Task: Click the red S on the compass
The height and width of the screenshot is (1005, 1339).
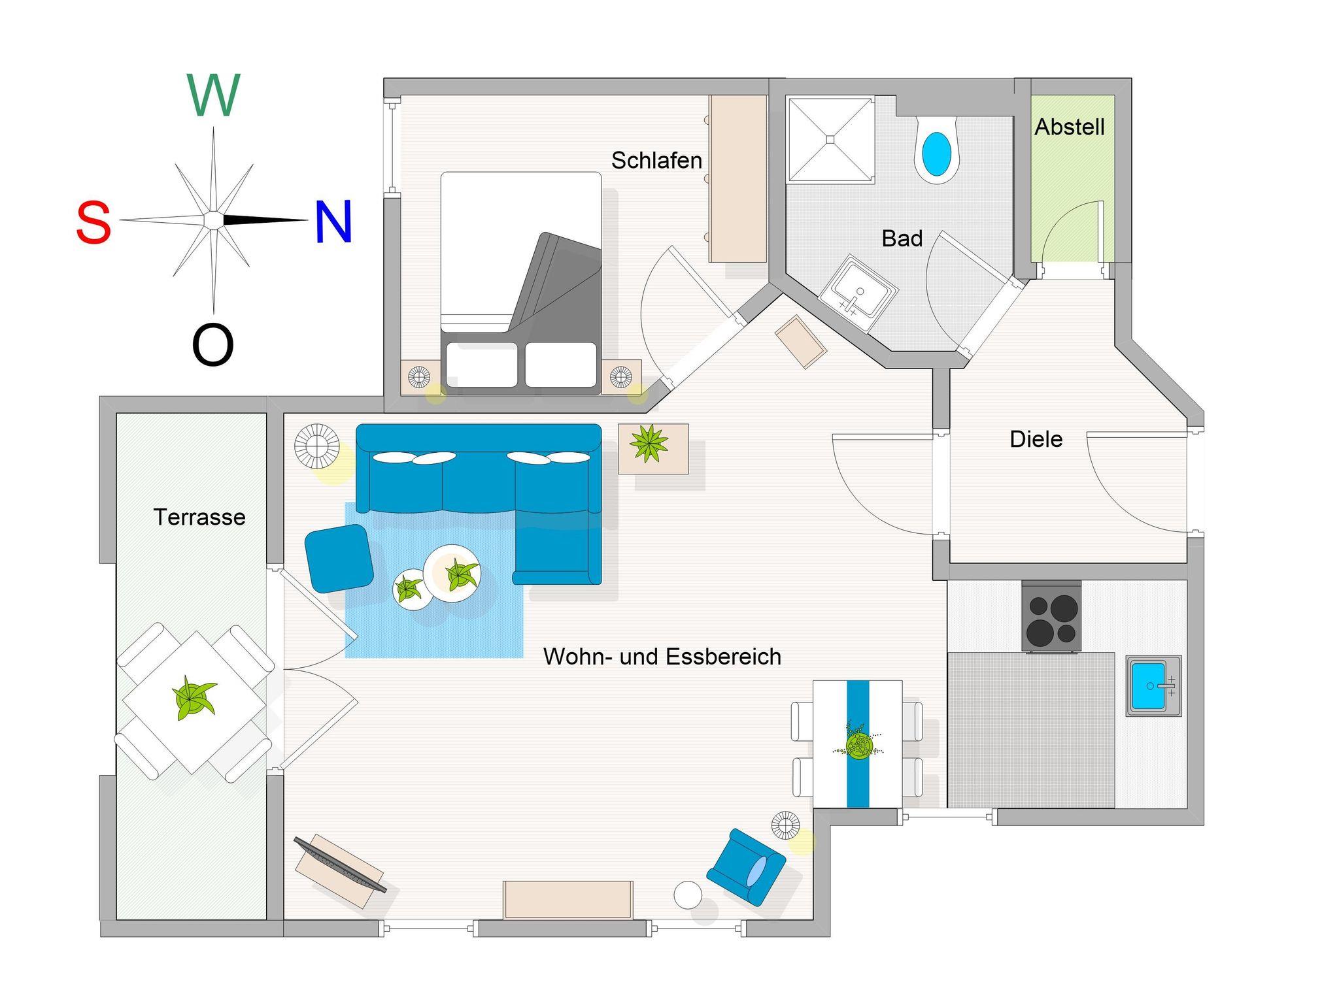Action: coord(93,223)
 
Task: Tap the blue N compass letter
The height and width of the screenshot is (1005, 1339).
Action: coord(333,222)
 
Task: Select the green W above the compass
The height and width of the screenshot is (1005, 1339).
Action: coord(214,95)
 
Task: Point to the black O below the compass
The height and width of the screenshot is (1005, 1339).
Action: coord(212,346)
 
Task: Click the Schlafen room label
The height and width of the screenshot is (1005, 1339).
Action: coord(656,161)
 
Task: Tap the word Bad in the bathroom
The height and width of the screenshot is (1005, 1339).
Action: coord(902,239)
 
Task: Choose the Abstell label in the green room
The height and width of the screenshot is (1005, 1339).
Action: coord(1070,127)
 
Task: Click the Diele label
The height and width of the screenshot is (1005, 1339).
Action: coord(1036,439)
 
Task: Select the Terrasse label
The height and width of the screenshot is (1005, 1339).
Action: coord(199,518)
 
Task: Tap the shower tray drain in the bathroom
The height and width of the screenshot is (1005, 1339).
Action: coord(830,139)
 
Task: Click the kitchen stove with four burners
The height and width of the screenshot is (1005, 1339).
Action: coord(1051,617)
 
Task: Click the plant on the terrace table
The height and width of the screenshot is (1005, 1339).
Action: coord(193,698)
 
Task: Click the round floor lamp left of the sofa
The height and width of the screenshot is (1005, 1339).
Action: coord(316,446)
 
